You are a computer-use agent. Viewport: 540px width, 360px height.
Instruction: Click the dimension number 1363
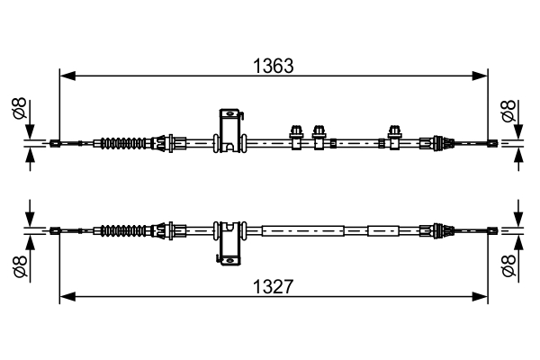[274, 65]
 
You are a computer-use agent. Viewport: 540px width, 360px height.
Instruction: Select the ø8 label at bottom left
[17, 265]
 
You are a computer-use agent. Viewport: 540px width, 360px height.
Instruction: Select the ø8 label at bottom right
[508, 265]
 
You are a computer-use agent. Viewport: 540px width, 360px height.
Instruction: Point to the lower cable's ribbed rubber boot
[124, 230]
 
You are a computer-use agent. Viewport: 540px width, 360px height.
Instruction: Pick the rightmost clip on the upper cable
[393, 136]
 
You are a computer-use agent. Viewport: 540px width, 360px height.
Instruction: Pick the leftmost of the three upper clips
[295, 136]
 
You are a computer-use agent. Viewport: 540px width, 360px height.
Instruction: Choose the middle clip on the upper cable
[318, 136]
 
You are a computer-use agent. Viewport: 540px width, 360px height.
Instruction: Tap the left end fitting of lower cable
[56, 230]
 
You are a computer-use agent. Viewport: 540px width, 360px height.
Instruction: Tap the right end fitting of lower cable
[491, 230]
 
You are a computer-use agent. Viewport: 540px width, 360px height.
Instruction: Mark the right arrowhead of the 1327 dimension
[481, 296]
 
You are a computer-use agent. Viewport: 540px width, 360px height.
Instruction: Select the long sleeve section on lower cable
[301, 230]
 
